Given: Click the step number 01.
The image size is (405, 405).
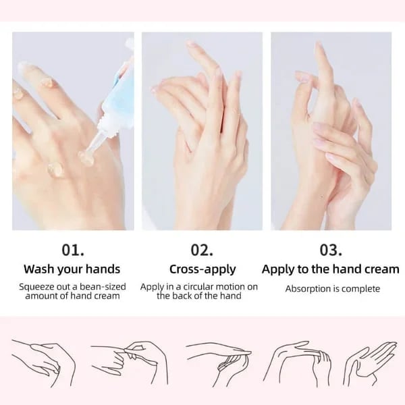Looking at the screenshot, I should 73,250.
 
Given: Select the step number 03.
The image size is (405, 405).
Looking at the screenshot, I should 331,250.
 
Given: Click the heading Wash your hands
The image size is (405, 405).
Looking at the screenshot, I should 72,269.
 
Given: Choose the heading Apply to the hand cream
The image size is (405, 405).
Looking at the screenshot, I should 331,269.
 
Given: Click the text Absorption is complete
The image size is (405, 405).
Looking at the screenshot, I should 332,289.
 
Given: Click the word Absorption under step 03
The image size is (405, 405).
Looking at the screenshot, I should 309,289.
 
